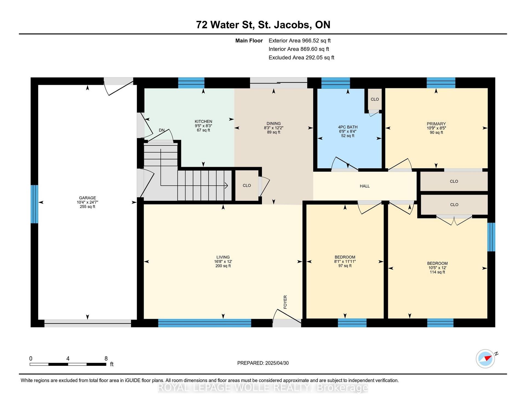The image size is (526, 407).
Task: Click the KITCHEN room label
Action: [203, 121]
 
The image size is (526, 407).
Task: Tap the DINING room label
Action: [273, 123]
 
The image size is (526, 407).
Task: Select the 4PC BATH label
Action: [348, 127]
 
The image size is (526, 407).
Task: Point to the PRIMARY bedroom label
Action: [436, 124]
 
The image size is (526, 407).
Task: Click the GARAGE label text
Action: [87, 198]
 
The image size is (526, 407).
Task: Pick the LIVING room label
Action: [223, 257]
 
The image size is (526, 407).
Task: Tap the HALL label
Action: [365, 186]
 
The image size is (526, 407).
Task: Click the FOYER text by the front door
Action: [285, 302]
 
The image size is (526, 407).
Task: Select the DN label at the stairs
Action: [162, 130]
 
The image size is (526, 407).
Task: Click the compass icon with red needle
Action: [485, 358]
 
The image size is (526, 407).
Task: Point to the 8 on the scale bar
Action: [106, 358]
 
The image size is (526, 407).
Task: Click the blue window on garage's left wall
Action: [34, 204]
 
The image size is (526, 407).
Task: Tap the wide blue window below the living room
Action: [205, 323]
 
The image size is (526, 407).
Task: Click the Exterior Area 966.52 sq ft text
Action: [299, 41]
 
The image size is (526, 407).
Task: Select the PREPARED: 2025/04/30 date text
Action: [263, 363]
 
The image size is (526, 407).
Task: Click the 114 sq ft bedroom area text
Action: [437, 272]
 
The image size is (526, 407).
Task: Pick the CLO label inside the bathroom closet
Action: [375, 99]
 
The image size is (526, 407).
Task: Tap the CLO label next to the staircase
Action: [247, 186]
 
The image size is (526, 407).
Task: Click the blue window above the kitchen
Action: [191, 83]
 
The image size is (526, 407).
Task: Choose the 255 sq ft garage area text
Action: [87, 207]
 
